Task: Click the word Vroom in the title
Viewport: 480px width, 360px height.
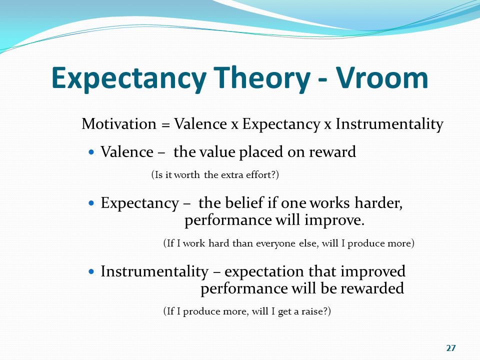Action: tap(382, 78)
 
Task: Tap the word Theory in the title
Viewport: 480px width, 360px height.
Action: tap(261, 78)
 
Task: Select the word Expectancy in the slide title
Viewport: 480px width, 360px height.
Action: tap(129, 79)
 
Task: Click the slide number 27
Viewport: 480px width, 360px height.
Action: tap(451, 348)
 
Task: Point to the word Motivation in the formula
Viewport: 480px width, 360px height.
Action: tap(119, 124)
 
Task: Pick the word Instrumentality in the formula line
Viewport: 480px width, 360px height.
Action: tap(389, 124)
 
